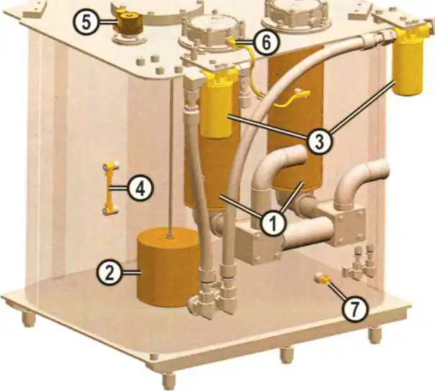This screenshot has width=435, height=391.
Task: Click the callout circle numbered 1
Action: click(274, 223)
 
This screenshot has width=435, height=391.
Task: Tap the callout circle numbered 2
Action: click(110, 273)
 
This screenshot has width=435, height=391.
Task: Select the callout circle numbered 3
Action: click(319, 141)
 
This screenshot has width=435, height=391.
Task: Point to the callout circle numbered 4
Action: click(140, 189)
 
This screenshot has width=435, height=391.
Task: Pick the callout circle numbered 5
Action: click(86, 22)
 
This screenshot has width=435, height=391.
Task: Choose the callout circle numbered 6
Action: click(266, 43)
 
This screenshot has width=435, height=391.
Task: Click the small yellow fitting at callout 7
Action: click(322, 278)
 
